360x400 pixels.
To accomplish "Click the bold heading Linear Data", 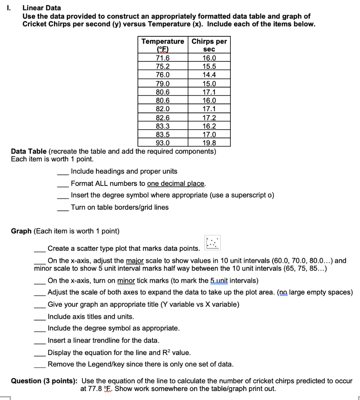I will [41, 7].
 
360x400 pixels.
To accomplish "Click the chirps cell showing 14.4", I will [209, 75].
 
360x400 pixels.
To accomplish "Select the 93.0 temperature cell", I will [162, 143].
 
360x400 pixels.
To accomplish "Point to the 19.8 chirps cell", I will [209, 143].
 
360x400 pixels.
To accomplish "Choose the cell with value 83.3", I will [162, 126].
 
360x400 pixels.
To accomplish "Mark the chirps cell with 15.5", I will [209, 66].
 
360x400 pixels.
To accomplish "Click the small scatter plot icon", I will [212, 243].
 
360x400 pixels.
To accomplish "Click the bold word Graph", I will [21, 231].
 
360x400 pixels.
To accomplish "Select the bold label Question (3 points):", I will [44, 381].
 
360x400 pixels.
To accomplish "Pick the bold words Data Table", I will [29, 152].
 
